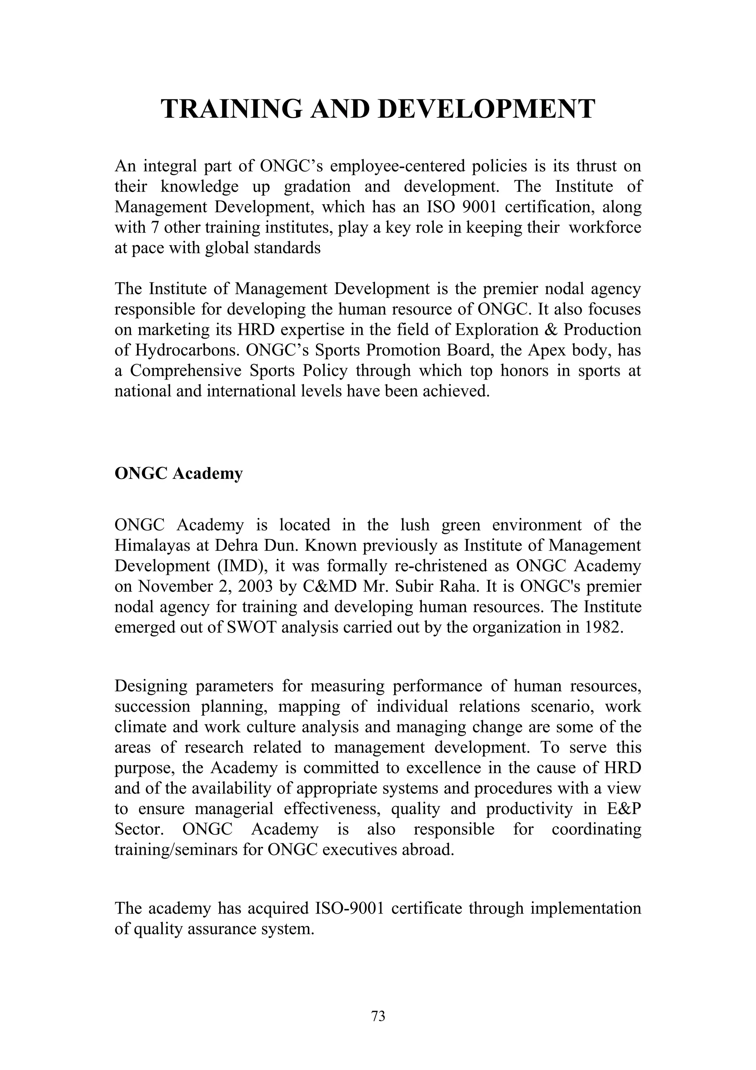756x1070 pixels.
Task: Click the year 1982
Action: coord(602,627)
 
